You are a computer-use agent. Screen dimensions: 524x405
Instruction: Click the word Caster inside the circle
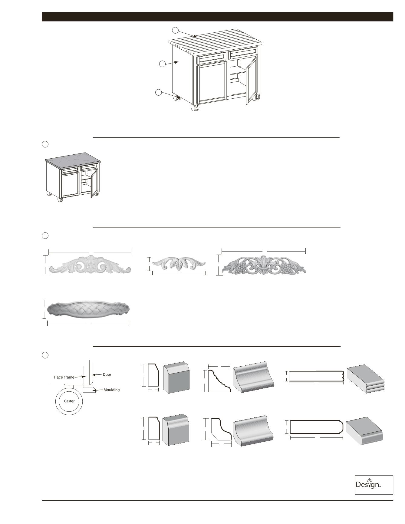(69, 401)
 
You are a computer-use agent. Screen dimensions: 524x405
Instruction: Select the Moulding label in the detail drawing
(111, 390)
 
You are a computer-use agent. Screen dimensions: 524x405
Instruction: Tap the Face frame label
(64, 377)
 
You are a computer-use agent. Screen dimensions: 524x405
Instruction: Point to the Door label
(107, 374)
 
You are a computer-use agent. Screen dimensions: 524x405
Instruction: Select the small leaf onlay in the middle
(179, 263)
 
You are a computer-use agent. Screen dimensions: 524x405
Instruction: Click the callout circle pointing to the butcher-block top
(175, 30)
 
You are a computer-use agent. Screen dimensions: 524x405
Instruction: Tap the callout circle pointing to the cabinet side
(162, 64)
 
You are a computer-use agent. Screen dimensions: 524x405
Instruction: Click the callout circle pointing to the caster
(158, 92)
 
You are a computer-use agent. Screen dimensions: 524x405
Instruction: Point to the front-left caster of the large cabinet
(194, 107)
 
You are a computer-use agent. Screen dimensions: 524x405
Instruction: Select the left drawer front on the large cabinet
(211, 58)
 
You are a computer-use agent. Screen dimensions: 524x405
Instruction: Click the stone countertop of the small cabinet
(73, 160)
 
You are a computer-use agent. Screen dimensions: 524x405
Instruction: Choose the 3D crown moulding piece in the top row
(254, 377)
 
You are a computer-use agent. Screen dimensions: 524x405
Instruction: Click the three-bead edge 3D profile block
(366, 379)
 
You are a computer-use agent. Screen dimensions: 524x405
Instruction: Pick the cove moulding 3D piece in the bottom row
(253, 431)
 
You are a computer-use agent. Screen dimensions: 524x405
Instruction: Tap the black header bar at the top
(217, 17)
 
